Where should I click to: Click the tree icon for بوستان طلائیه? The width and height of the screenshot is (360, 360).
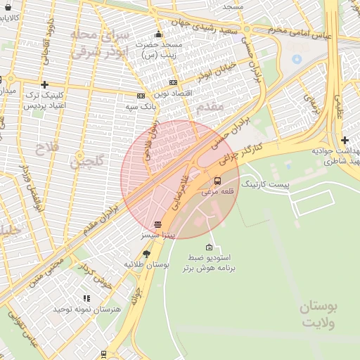click(x=146, y=254)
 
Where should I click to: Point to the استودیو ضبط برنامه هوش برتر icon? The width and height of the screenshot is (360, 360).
click(x=209, y=247)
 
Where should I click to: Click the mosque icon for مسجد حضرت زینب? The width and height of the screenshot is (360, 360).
click(x=158, y=34)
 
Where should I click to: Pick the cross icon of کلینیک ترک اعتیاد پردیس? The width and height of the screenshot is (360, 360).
click(x=44, y=84)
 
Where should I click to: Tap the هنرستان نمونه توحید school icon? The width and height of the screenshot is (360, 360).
click(x=86, y=298)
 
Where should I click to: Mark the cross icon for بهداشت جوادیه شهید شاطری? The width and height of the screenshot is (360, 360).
click(x=345, y=140)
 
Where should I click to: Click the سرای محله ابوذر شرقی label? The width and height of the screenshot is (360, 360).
click(x=103, y=42)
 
